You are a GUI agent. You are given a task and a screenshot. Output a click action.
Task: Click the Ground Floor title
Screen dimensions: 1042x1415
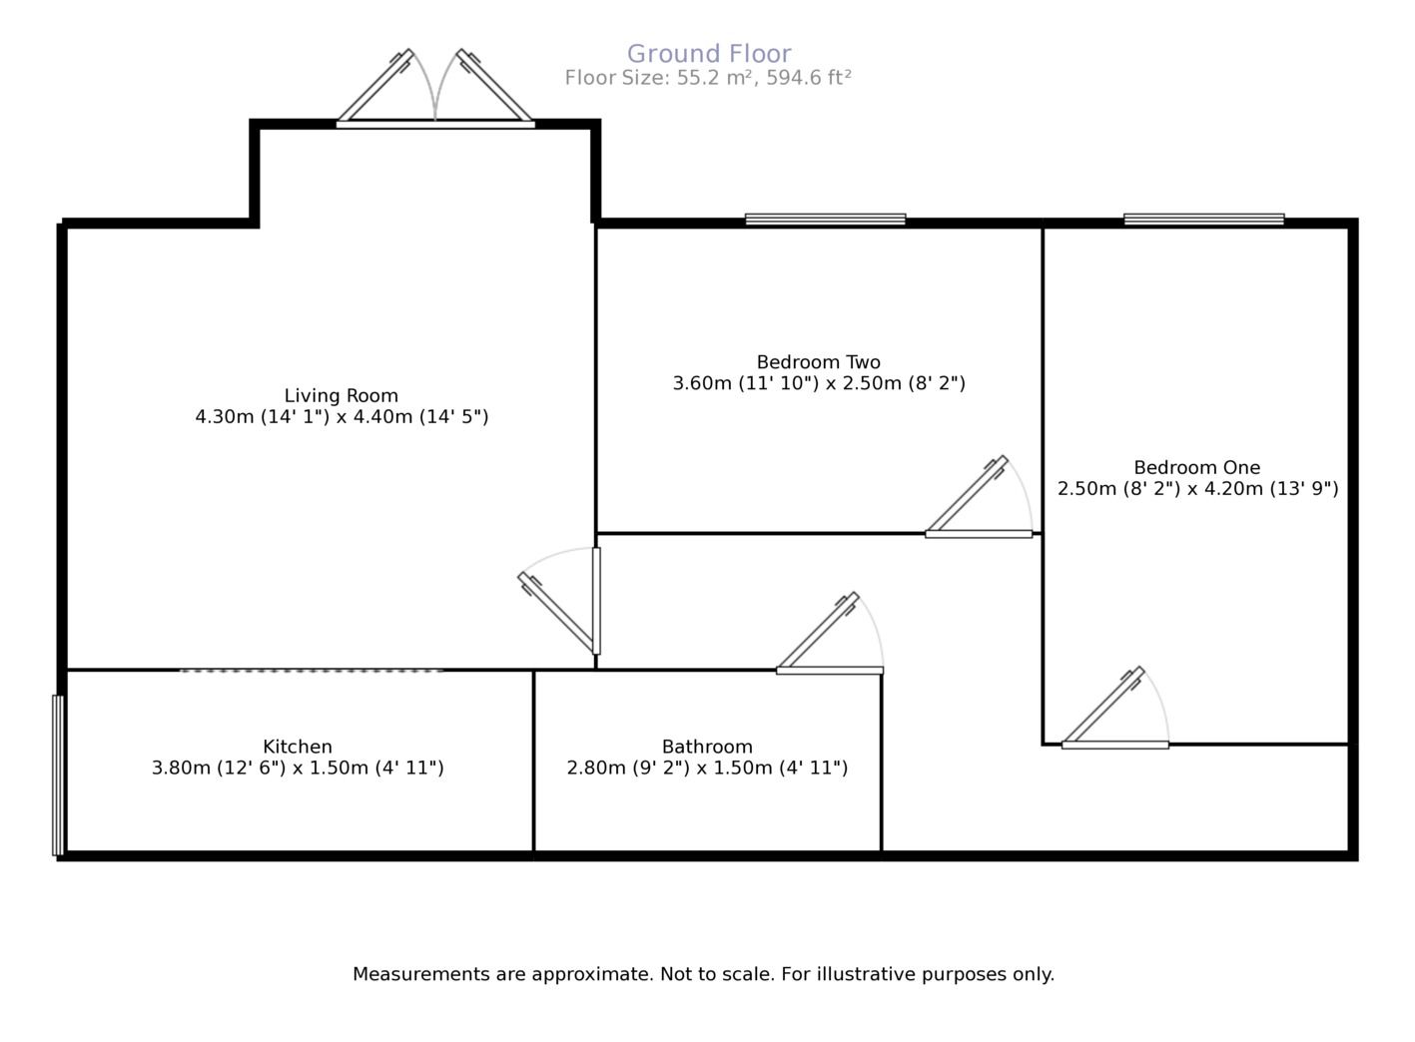coord(709,54)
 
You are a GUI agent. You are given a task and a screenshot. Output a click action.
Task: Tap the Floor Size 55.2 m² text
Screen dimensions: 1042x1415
coord(708,78)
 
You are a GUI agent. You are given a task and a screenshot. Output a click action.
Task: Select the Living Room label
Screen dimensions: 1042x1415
coord(342,395)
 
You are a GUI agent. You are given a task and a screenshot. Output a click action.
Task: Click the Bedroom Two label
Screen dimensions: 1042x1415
coord(819,362)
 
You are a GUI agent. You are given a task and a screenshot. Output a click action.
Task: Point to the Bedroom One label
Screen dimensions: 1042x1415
coord(1197,467)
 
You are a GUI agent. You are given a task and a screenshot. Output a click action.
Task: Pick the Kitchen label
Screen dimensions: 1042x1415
coord(298,747)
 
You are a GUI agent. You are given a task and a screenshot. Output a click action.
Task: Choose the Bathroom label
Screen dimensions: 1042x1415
coord(707,747)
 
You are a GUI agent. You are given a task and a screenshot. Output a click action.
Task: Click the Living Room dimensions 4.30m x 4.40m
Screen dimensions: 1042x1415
coord(342,417)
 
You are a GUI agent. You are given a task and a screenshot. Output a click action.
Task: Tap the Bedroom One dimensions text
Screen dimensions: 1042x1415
coord(1197,489)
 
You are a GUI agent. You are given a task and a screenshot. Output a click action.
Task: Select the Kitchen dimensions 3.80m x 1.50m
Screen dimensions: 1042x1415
coord(298,769)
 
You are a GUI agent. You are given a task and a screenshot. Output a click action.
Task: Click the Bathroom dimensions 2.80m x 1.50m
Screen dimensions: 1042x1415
coord(707,769)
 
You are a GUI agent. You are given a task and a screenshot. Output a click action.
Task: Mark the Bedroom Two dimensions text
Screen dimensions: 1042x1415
coord(819,383)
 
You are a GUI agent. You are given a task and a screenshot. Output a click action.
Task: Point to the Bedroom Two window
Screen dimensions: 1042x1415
coord(825,220)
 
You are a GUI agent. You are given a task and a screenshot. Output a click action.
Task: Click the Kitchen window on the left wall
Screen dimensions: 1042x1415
coord(58,775)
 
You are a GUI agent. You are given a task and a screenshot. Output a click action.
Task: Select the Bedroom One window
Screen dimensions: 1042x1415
coord(1203,220)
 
